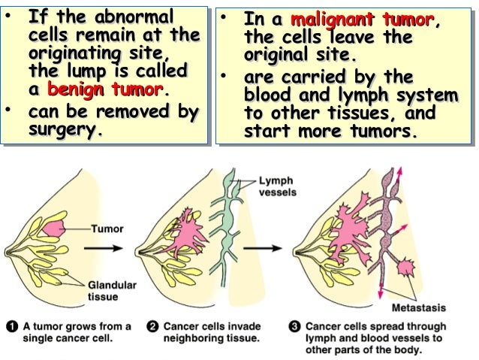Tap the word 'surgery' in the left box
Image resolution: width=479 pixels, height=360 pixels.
coord(63,129)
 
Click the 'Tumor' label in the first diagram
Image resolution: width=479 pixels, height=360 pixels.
coord(107,228)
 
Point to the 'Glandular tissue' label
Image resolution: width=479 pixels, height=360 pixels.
coord(113,291)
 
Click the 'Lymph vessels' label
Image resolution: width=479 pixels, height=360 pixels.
coord(277,186)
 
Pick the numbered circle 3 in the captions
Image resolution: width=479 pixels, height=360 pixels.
coord(295,327)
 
